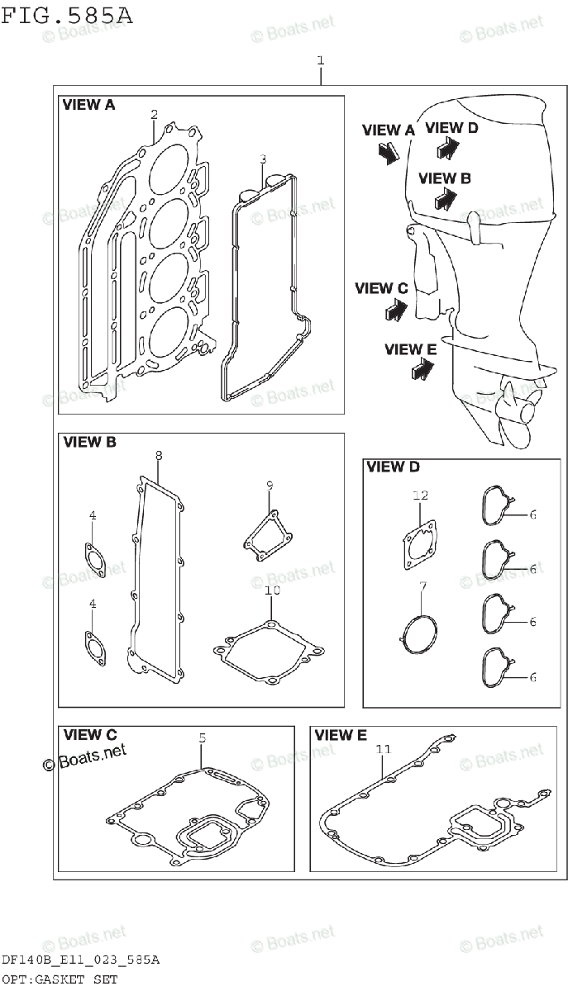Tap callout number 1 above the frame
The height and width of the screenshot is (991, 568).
320,60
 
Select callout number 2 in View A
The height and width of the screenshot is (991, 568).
154,115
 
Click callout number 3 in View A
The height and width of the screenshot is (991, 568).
262,159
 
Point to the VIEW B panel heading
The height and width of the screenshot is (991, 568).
89,442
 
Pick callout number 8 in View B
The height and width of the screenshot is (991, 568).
159,455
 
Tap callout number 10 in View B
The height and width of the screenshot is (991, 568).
273,590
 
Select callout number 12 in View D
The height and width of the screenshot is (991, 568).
420,495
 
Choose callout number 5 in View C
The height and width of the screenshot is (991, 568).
201,737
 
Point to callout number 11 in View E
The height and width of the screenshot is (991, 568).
382,749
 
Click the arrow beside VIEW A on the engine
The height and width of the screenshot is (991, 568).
388,151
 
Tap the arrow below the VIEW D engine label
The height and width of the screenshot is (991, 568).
448,148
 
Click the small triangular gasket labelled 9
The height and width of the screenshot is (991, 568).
265,532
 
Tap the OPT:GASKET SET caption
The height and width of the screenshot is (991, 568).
59,979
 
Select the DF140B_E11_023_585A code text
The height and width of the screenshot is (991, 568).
79,960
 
